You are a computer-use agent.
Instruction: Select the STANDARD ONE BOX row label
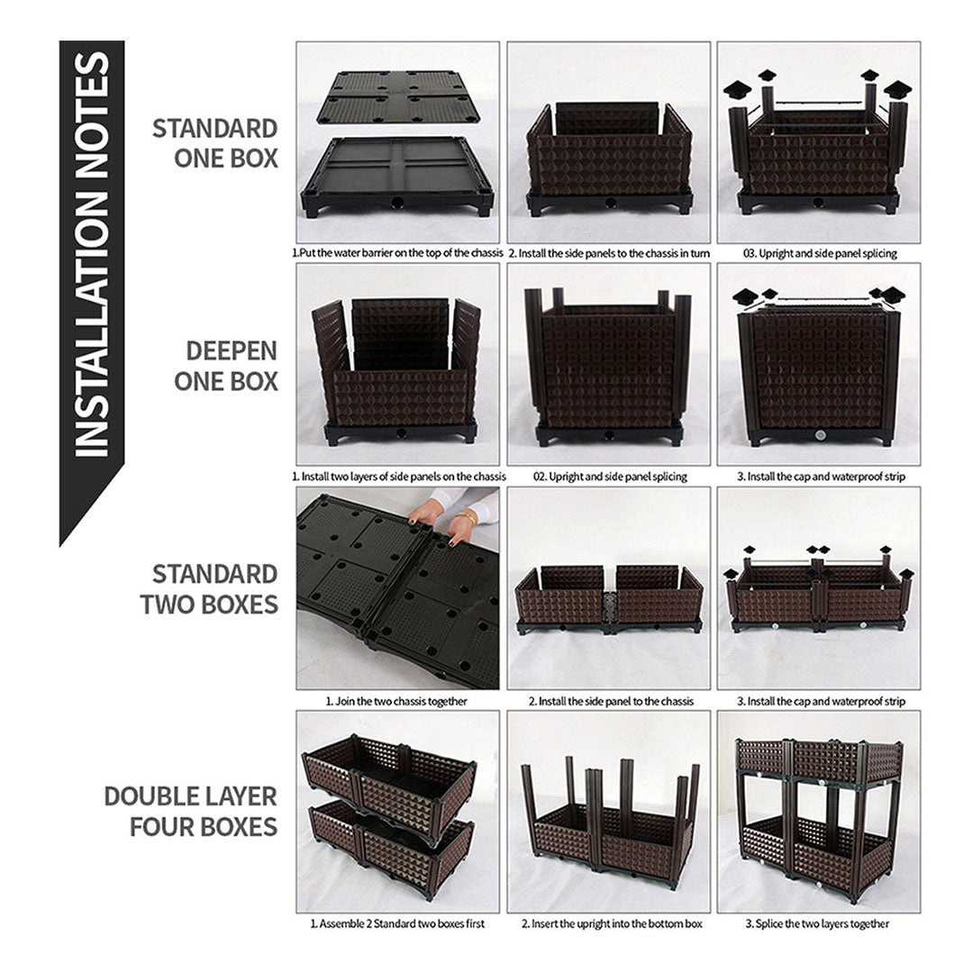pos(214,142)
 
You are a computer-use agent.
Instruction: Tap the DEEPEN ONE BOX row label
pos(225,365)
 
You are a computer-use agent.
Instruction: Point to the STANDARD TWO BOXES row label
pos(209,588)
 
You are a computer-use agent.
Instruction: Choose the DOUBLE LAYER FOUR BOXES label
pos(191,811)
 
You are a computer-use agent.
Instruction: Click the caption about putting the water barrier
pos(397,253)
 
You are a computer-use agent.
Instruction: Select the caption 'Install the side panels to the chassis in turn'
pos(609,253)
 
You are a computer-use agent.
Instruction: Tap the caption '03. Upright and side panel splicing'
pos(819,253)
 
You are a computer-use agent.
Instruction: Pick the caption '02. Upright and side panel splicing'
pos(609,476)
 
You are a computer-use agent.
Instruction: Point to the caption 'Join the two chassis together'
pos(397,700)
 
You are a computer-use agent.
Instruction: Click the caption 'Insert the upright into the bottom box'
pos(609,923)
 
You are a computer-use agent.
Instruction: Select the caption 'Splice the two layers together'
pos(819,923)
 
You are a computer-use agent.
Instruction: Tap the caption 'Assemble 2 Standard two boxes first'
pos(397,923)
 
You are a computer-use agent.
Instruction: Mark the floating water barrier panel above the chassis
pos(397,97)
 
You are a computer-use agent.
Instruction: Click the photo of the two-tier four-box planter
pos(819,811)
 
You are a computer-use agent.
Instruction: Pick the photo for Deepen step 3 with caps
pos(819,365)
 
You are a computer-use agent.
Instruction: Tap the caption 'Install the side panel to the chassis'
pos(609,700)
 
